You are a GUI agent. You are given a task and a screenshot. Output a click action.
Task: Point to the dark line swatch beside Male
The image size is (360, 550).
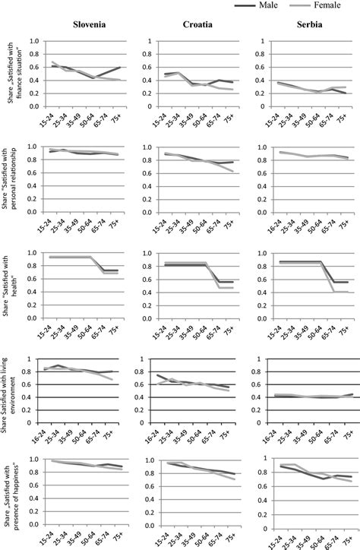point(256,5)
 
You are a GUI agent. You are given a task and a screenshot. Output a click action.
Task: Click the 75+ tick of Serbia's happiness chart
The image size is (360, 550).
point(343,542)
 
